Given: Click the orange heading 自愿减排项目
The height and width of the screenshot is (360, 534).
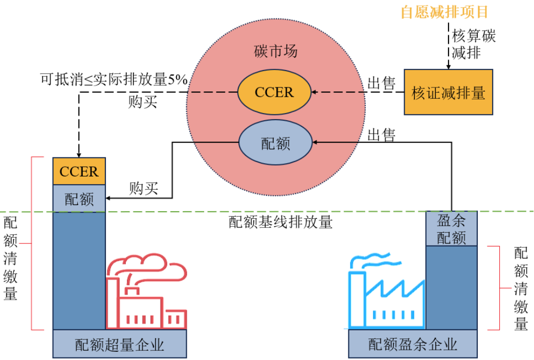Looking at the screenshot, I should (x=444, y=12).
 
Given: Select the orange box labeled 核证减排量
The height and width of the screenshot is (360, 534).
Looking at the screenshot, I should (x=449, y=92).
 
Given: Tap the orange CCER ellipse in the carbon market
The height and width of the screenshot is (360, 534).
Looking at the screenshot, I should (x=275, y=93).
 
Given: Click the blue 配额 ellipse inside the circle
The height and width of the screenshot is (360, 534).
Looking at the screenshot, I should (x=275, y=143).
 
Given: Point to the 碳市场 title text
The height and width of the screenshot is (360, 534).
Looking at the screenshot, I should (x=275, y=52).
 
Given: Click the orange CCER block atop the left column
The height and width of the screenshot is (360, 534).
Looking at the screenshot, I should (x=79, y=171).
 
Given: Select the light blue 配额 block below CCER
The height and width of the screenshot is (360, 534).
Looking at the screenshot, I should (x=79, y=199).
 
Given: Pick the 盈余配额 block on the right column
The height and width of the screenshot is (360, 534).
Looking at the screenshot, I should (x=451, y=229).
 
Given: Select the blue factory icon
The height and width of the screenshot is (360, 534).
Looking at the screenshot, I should (x=386, y=302).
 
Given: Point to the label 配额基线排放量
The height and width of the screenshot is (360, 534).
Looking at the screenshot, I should (x=280, y=222).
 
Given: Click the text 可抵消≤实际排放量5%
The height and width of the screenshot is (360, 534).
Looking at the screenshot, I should (x=114, y=79).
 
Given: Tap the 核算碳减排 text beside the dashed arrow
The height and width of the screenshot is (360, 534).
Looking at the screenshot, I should (x=473, y=44).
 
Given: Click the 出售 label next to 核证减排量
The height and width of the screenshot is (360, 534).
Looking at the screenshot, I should (x=382, y=83).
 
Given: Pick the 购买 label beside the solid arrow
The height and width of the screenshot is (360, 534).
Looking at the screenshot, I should (x=143, y=188).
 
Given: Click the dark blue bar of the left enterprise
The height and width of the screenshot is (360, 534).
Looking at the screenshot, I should (x=79, y=271).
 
